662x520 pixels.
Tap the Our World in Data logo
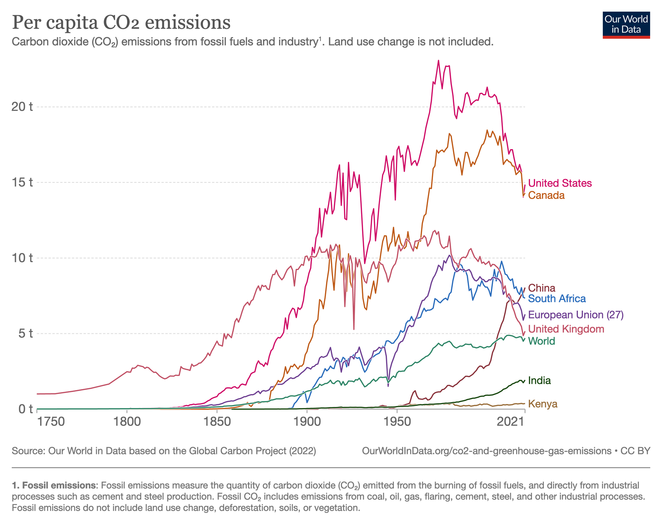click(x=626, y=25)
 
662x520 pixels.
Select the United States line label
click(x=560, y=183)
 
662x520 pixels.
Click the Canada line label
click(x=546, y=195)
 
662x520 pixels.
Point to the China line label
click(x=542, y=288)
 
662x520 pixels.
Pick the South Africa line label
click(x=557, y=299)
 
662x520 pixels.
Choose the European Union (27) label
click(x=576, y=315)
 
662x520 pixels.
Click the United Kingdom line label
click(x=566, y=329)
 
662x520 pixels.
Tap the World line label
click(x=542, y=341)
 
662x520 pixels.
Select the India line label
click(x=540, y=380)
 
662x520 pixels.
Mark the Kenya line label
click(x=543, y=404)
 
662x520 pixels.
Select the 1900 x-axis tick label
click(x=307, y=422)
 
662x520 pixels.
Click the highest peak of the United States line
click(x=439, y=61)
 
